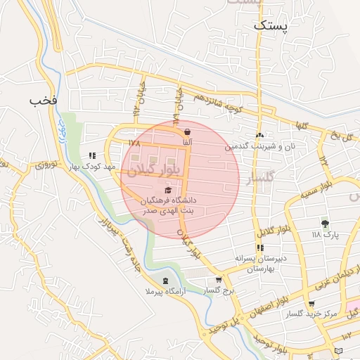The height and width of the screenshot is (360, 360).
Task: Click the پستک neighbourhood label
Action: (271, 25)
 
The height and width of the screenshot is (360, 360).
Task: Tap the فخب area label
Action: (43, 100)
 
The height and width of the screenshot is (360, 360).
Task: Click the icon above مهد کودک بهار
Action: (91, 155)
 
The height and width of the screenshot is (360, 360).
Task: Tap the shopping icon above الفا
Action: (187, 131)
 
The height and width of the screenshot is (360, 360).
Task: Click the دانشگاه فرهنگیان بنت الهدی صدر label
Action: (170, 205)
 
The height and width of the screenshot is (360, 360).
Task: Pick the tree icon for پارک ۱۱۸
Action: (324, 224)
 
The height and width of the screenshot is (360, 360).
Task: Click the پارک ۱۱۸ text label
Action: (325, 235)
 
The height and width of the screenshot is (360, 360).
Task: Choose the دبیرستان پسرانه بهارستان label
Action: (260, 263)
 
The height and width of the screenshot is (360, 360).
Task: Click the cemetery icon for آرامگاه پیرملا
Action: (165, 281)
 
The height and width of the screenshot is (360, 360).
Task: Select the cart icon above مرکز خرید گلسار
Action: (311, 304)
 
